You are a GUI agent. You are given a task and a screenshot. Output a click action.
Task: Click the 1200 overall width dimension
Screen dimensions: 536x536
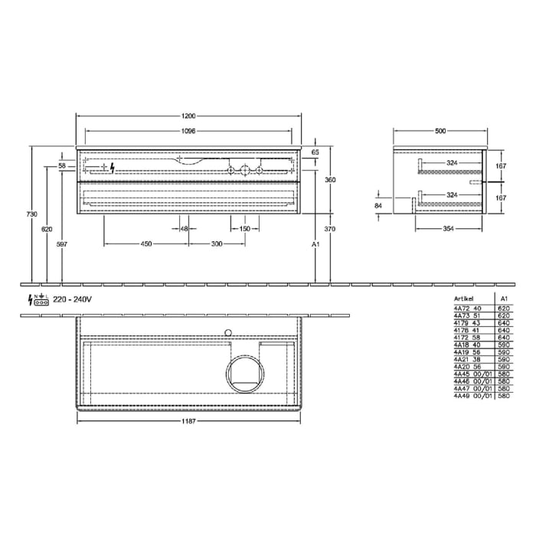tap(189, 116)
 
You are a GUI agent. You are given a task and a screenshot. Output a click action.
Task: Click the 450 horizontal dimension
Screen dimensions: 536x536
tap(145, 243)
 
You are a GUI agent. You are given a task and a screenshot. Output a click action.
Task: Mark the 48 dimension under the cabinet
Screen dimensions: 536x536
tap(185, 229)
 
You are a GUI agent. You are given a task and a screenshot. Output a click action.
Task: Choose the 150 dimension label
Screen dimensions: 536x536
tap(244, 229)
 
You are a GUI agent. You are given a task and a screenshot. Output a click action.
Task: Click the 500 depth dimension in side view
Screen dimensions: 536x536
tap(440, 131)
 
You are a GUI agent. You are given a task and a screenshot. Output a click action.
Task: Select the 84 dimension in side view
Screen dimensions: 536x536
tap(377, 205)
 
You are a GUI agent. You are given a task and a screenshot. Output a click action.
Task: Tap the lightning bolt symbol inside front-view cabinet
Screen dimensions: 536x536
tap(113, 166)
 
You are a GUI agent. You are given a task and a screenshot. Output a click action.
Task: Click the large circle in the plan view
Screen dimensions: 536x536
tap(245, 373)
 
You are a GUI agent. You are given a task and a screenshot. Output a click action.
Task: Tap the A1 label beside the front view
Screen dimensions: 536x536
tap(315, 243)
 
